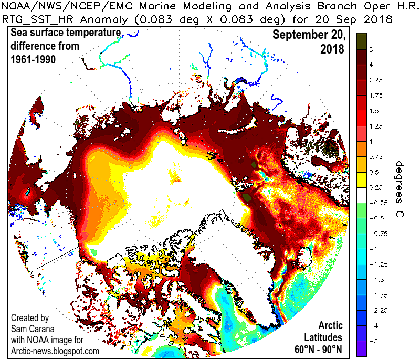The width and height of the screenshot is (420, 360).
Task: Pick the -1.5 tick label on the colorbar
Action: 376,280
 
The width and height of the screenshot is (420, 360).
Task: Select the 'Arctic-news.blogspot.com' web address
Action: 55,351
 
